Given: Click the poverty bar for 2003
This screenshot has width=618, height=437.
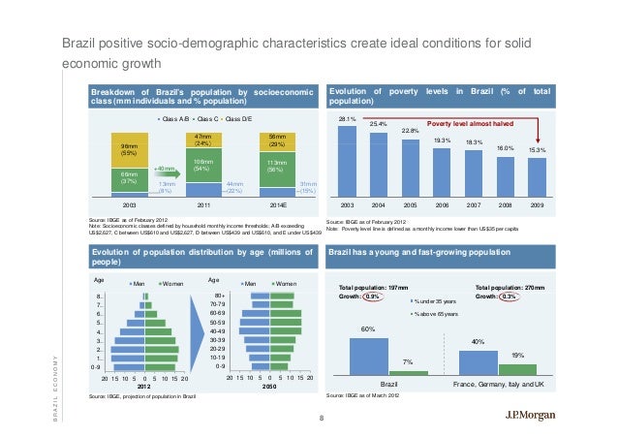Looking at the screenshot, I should (x=348, y=161).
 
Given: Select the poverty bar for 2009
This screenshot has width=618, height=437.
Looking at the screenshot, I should (x=537, y=178).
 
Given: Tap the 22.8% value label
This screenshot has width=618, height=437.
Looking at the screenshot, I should (x=410, y=131).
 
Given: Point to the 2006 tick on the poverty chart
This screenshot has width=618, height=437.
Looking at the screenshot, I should (x=442, y=206).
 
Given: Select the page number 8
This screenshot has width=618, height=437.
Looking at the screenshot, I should (x=321, y=418).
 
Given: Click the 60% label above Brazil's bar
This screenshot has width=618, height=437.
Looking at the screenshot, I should (x=367, y=330).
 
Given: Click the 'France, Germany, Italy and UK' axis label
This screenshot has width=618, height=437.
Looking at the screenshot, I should (x=498, y=385).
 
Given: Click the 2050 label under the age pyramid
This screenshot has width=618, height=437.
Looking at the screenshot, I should (x=269, y=385).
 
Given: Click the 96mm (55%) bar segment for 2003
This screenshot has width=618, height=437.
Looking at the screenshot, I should (x=129, y=149).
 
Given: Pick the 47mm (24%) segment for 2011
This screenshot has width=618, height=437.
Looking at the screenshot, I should (x=203, y=140).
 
